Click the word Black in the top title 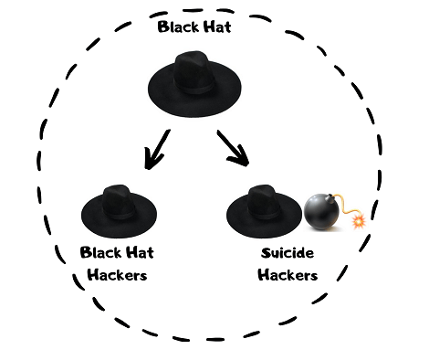click(x=178, y=26)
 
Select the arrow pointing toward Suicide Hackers click(x=232, y=147)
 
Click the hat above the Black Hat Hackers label click(x=114, y=213)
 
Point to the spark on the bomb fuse click(x=358, y=222)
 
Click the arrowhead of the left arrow click(x=152, y=161)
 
